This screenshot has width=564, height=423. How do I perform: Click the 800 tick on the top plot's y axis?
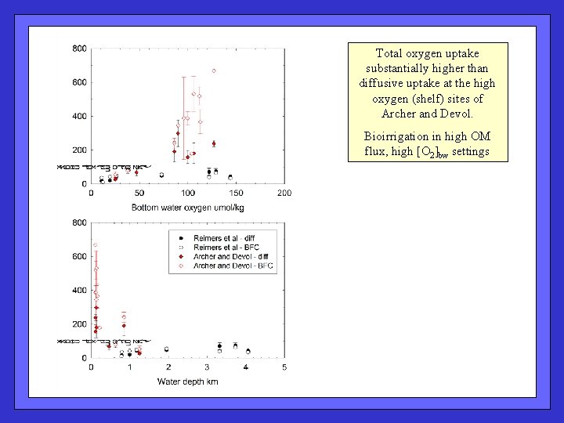point(80,49)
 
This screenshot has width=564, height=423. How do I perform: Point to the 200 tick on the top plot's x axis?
point(284,193)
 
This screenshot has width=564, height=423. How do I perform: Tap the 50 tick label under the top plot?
point(139,193)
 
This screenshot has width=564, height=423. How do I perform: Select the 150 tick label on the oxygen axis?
point(236,193)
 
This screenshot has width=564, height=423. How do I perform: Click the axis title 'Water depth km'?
point(188,381)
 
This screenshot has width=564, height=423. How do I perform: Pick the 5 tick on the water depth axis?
point(284,367)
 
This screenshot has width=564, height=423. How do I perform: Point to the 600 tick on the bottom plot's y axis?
point(80,256)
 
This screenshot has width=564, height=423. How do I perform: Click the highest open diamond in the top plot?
point(214,70)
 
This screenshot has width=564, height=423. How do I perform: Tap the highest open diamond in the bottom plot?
point(96,245)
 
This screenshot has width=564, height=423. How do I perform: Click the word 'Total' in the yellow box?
point(389,53)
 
